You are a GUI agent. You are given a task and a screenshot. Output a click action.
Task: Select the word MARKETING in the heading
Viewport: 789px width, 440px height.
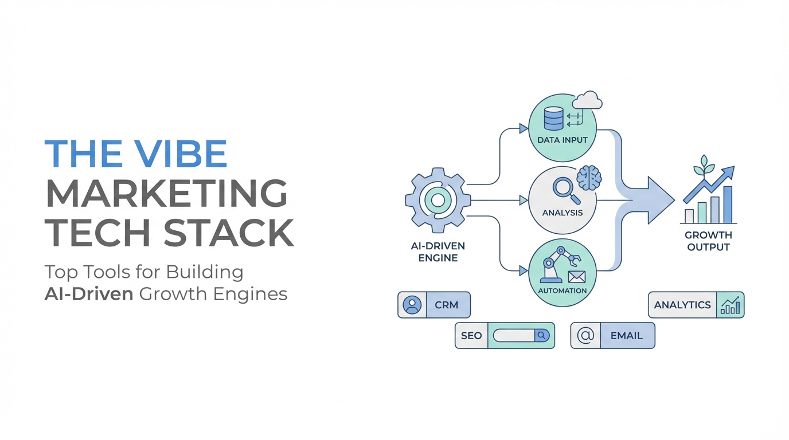point(166,193)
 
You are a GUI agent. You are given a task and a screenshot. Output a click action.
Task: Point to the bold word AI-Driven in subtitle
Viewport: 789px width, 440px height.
point(89,294)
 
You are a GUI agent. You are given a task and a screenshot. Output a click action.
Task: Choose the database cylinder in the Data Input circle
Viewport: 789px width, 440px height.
point(554,119)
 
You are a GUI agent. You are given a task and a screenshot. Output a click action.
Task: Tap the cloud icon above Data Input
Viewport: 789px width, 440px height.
point(587,101)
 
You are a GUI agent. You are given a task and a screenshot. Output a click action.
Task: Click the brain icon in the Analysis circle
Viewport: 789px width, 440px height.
point(589,178)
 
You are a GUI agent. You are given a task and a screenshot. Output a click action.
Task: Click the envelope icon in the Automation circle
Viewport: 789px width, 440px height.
point(576,277)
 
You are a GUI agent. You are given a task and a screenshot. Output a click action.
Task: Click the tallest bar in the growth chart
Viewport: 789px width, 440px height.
point(728,205)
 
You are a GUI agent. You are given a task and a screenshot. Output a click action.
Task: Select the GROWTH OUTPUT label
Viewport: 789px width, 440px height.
point(708,241)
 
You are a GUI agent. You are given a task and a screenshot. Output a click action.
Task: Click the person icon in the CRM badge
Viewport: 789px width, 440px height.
point(412,305)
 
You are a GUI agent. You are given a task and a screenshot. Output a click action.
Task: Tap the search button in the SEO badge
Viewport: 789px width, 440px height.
point(542,336)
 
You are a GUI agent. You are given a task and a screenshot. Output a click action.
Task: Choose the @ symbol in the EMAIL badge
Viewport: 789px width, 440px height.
point(585,336)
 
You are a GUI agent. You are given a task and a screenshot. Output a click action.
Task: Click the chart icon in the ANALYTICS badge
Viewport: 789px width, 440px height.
point(730,305)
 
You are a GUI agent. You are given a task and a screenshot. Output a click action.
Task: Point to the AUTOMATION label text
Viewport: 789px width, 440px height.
point(562,290)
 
